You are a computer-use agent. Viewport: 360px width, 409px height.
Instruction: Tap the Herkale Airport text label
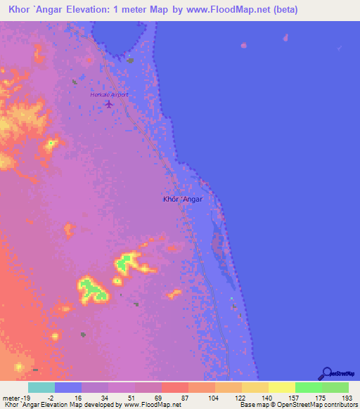[109, 94]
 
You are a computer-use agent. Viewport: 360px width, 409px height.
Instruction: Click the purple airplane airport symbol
[108, 104]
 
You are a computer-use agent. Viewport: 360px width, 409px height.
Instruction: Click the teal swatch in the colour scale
[41, 387]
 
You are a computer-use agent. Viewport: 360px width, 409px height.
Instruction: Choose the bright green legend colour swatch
[308, 387]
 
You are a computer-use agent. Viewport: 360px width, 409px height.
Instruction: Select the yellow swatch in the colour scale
[281, 387]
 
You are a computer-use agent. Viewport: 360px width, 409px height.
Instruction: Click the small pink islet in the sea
[244, 46]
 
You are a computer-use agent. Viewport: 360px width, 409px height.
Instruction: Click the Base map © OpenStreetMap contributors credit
[297, 405]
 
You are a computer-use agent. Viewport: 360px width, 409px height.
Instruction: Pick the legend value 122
[238, 397]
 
